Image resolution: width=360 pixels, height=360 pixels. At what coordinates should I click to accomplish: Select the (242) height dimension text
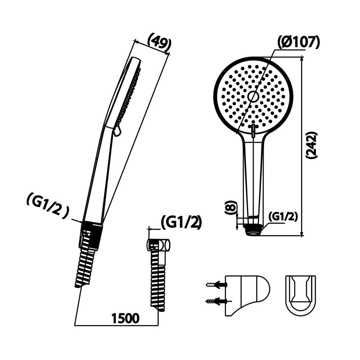pos(311,145)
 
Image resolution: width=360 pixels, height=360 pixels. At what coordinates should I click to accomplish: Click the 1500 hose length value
pos(125,318)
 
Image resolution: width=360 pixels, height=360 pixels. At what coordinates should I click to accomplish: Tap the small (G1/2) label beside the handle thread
pos(283,216)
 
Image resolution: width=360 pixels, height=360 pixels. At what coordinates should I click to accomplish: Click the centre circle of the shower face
pos(253,96)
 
